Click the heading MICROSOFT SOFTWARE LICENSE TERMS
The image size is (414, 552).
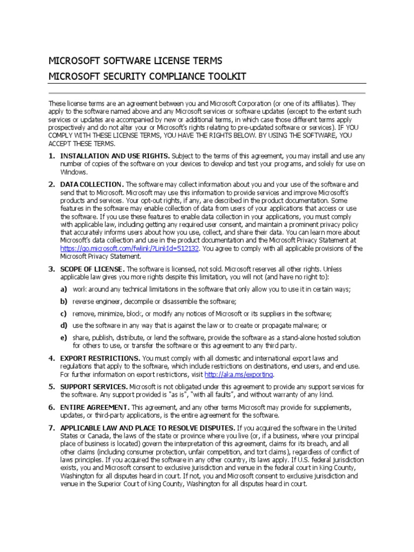[135, 60]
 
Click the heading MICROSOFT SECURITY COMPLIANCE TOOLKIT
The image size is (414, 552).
[147, 77]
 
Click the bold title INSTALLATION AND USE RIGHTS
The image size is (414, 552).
[115, 156]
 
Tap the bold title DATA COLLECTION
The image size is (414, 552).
[92, 184]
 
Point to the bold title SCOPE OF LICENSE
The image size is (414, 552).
[92, 269]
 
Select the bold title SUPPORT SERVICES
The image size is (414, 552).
[94, 387]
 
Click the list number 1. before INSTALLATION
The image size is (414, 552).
[52, 156]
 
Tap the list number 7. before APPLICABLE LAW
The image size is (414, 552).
[52, 427]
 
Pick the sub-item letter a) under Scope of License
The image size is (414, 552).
[64, 289]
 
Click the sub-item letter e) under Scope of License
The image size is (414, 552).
[64, 337]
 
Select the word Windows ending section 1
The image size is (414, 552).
[73, 172]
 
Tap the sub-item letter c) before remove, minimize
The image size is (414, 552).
[64, 313]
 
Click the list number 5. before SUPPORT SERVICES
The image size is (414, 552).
[52, 387]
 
